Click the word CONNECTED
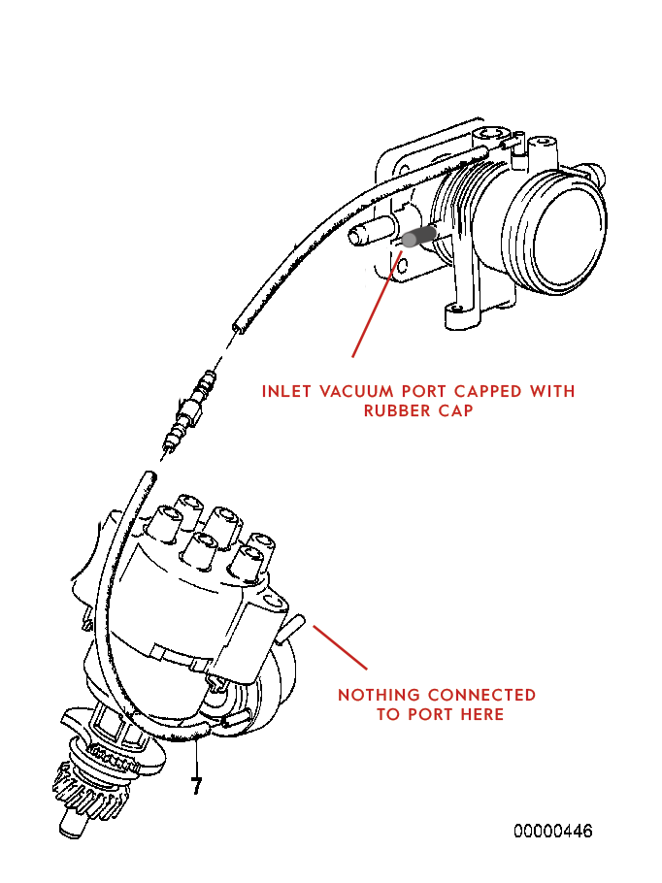click(481, 696)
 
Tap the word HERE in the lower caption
click(481, 715)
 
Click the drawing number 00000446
click(553, 832)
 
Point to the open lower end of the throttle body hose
click(237, 327)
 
